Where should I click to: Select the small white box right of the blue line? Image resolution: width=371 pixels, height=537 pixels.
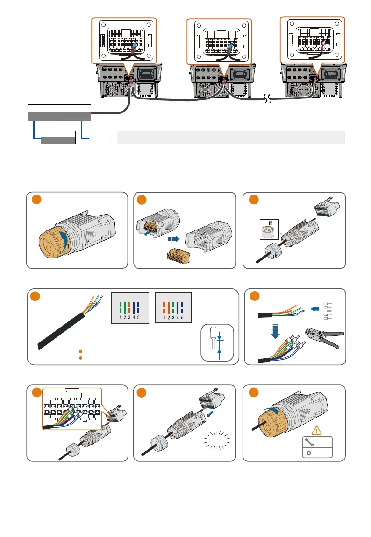100,138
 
